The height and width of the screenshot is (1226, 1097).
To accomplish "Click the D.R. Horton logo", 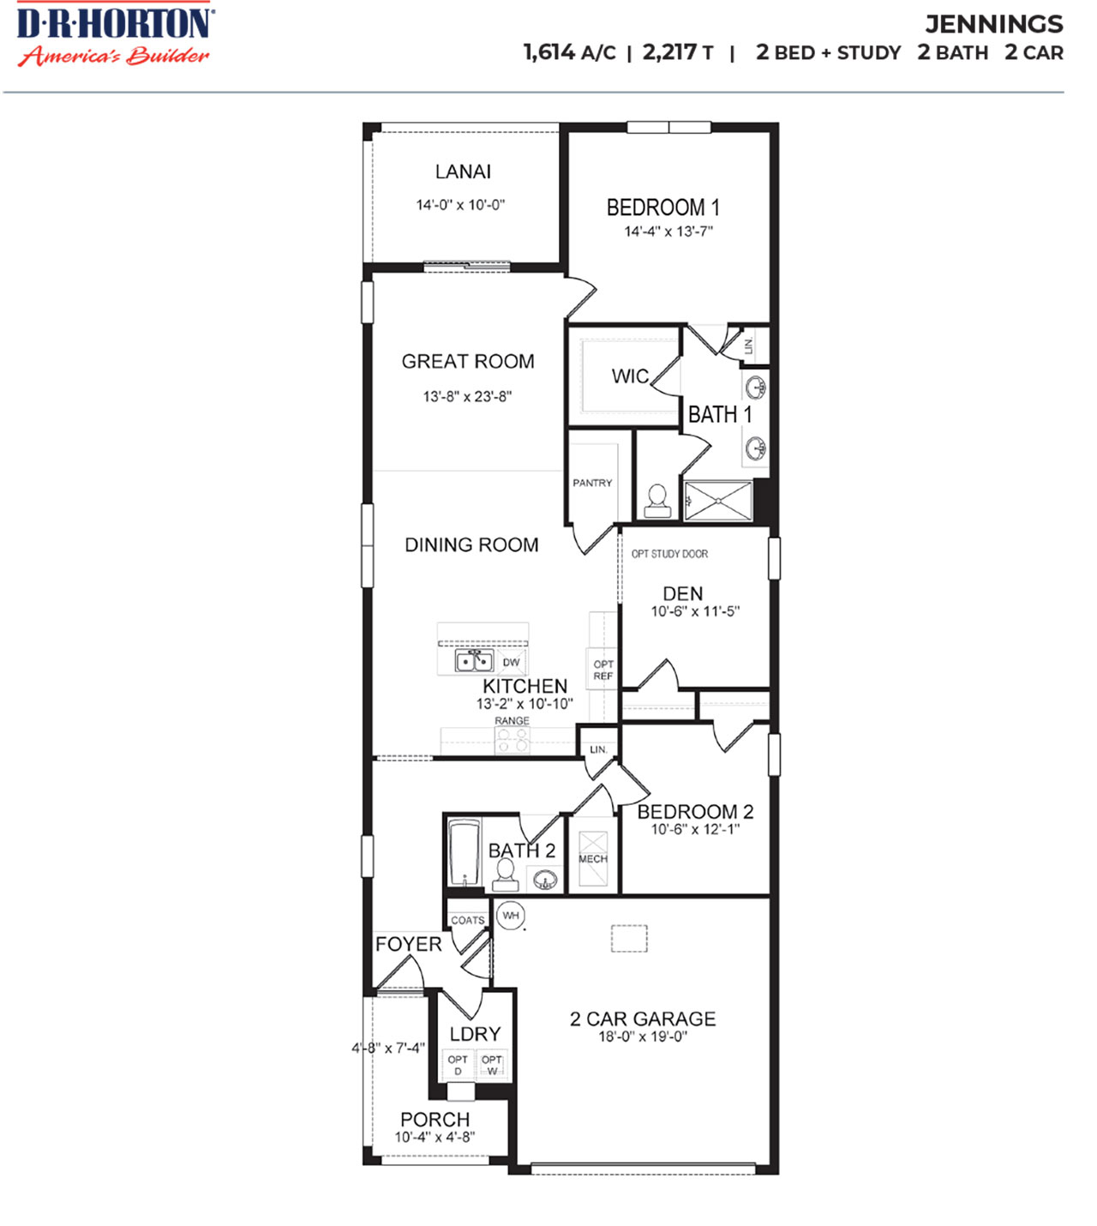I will (115, 35).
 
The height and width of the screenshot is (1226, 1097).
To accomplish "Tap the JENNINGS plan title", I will (993, 24).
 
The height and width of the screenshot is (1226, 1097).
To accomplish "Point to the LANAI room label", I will (463, 171).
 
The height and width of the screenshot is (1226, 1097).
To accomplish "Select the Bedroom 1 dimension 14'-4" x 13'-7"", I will (668, 231).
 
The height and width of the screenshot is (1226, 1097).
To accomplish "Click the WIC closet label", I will (630, 376).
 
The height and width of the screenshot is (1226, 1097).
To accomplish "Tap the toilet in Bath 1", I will (657, 501).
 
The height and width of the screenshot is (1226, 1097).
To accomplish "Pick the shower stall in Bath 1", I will (718, 500).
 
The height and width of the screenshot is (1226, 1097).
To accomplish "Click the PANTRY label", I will (592, 483).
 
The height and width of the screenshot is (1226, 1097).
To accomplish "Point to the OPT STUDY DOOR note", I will (669, 554).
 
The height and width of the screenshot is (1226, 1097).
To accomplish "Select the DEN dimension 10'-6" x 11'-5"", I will (694, 611).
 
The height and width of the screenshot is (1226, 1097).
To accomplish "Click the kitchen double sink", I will (473, 661).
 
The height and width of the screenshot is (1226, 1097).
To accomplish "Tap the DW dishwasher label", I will (511, 662).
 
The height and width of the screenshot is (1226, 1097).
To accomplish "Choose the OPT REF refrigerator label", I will (603, 670).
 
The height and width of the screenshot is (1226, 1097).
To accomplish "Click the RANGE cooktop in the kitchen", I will (513, 739).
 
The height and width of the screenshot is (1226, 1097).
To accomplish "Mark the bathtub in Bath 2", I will (464, 852).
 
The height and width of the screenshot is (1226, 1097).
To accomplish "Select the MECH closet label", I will (592, 858).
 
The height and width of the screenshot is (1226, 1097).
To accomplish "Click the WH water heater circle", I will (511, 916).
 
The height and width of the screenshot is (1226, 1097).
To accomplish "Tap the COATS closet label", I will (468, 920).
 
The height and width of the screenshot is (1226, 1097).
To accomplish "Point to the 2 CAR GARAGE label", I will (643, 1019).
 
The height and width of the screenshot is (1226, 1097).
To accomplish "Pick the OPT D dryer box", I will (458, 1065).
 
